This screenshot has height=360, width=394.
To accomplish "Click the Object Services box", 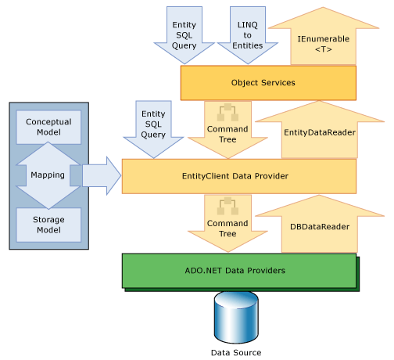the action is click(268, 83).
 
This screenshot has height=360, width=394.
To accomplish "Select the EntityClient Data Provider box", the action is click(239, 176).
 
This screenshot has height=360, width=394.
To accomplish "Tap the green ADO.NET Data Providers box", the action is click(239, 271).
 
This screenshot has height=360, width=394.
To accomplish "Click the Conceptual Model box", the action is click(48, 127).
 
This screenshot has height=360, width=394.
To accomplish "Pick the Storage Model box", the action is click(48, 225).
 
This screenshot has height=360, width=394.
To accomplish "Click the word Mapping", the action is click(48, 175).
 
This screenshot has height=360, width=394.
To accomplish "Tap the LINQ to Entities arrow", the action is click(248, 35).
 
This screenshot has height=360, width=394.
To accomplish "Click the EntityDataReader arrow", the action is click(320, 131).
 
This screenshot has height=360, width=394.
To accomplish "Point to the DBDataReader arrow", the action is click(320, 225).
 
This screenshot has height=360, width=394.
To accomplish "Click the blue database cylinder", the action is click(236, 318).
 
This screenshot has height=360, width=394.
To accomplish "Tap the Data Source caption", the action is click(236, 353).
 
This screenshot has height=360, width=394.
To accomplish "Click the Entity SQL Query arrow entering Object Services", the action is click(184, 35).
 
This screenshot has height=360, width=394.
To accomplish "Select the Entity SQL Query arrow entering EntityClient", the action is click(153, 130).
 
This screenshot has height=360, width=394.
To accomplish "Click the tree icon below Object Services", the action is click(227, 113).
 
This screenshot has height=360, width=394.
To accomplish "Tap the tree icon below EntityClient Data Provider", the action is click(227, 207).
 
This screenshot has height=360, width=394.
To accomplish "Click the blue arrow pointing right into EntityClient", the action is click(102, 176).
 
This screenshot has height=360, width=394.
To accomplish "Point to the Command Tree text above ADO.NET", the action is click(227, 229).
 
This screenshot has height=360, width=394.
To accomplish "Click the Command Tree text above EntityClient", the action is click(227, 135).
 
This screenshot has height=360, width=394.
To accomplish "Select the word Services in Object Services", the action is click(278, 83).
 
